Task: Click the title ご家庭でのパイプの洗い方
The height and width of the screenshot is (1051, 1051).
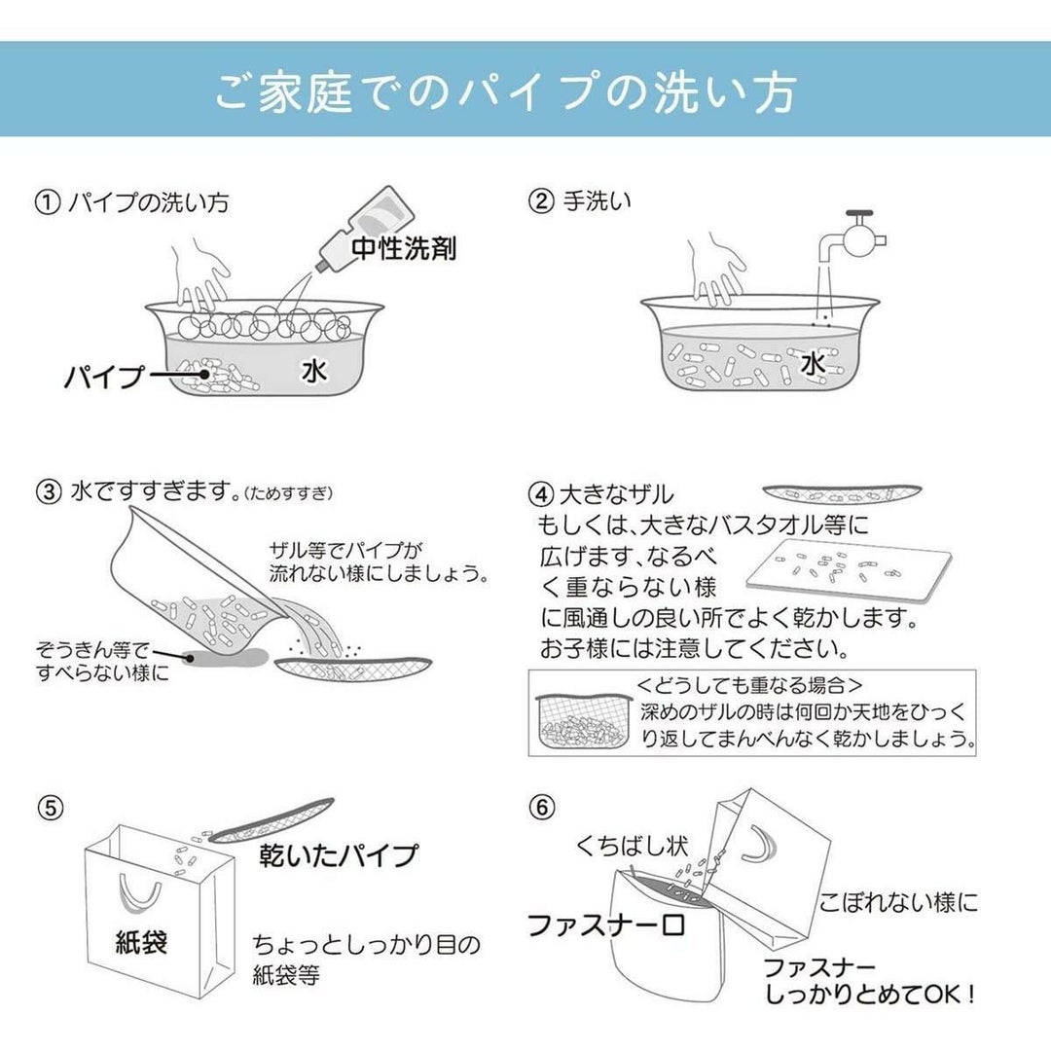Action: (x=506, y=91)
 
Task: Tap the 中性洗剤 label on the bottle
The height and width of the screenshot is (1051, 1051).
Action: (x=404, y=248)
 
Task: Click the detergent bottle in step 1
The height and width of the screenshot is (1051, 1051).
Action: (x=365, y=230)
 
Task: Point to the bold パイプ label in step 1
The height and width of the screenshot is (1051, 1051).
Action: (x=104, y=377)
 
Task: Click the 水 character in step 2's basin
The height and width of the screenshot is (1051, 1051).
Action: (x=813, y=364)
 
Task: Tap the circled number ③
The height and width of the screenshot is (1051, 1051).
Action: (x=49, y=492)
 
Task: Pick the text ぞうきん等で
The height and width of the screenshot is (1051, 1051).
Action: (x=92, y=649)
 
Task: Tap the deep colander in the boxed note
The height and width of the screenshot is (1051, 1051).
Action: (x=585, y=722)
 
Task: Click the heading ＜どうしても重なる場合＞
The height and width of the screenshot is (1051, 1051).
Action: (x=749, y=685)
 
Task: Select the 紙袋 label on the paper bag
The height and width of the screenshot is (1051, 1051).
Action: (x=141, y=942)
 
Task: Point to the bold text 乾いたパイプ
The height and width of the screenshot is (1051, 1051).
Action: (x=339, y=856)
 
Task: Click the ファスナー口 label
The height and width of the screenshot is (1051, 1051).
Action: (x=606, y=925)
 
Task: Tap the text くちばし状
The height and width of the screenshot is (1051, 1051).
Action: (x=633, y=847)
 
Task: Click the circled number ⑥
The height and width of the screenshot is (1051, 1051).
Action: (x=542, y=807)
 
